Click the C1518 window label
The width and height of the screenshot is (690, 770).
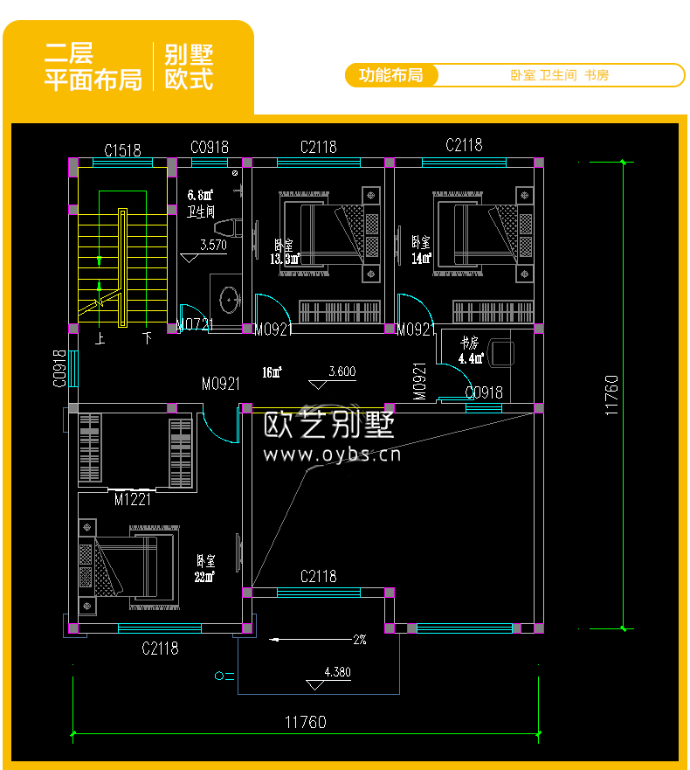122,150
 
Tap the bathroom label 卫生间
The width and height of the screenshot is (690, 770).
201,211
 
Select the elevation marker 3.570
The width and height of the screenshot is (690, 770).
213,246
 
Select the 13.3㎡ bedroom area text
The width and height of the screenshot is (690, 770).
285,259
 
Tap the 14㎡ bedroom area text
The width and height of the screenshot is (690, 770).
422,258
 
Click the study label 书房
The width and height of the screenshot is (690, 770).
470,342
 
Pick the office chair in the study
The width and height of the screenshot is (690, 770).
501,351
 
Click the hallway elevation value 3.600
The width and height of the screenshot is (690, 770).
342,371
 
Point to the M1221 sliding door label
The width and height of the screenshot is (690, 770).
133,500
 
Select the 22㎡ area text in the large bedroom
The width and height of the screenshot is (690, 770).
204,575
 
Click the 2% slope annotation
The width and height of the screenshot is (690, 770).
359,640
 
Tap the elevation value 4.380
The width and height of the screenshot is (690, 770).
336,672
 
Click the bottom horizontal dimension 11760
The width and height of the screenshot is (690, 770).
305,722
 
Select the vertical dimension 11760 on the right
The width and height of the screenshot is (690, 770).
611,395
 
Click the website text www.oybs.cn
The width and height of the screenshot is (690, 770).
332,454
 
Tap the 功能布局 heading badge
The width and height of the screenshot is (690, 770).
390,75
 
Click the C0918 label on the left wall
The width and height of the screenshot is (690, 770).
59,369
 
